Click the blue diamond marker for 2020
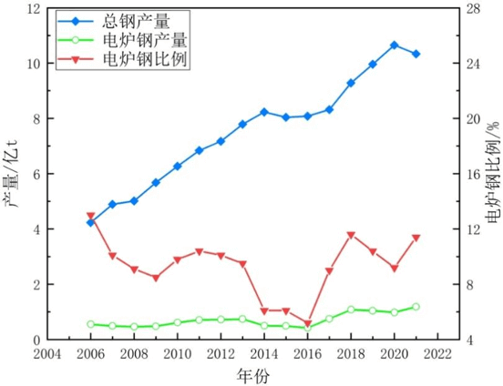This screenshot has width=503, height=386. pos(395,46)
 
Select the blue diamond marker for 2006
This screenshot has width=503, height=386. pos(91,222)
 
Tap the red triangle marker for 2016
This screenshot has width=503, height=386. pos(308,323)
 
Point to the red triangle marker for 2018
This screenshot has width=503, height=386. pos(351,235)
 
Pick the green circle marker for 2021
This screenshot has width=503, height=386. pos(416,307)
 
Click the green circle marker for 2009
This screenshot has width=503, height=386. pos(156,326)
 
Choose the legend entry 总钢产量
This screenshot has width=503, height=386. pos(114,22)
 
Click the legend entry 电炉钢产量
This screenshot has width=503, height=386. pos(122,40)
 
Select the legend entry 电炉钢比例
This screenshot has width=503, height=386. pos(122,58)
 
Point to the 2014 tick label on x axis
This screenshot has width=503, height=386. pos(264,354)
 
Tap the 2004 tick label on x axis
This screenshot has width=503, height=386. pos(47,354)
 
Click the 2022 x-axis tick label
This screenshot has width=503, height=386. pos(437,354)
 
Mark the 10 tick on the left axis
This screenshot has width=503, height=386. pos(35,64)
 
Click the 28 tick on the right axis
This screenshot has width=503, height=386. pos(473,9)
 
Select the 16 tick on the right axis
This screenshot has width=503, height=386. pos(473,174)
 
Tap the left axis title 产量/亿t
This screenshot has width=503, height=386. pos(12,174)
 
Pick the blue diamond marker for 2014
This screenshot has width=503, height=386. pos(264,112)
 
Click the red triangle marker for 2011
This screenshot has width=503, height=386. pos(200,251)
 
